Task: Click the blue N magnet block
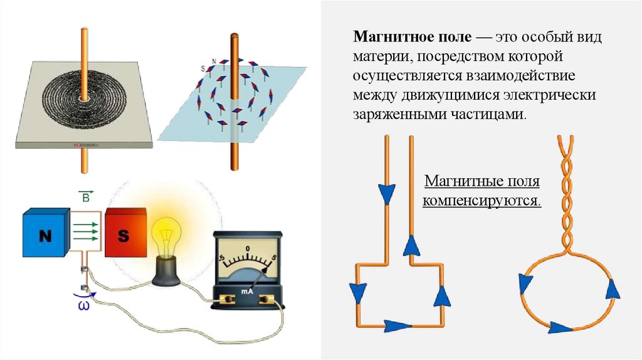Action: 45,236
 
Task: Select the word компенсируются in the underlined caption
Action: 481,201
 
